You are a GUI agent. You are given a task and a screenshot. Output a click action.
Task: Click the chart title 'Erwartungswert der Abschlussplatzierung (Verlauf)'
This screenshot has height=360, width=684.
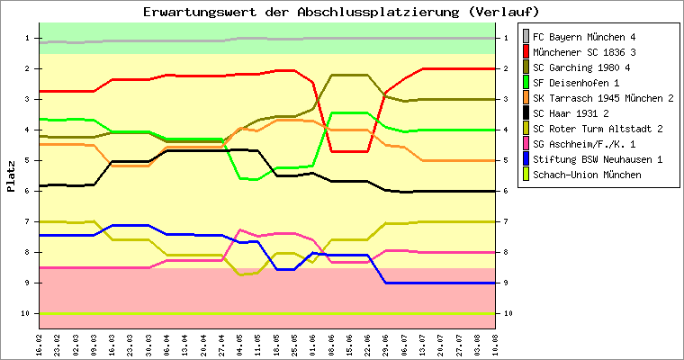(341, 12)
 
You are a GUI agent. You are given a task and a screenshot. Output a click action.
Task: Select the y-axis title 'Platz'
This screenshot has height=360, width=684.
(11, 175)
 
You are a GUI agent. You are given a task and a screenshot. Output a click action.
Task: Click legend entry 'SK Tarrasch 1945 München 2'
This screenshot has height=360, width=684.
(603, 98)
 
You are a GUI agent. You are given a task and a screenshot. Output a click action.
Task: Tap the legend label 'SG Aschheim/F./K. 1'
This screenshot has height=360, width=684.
(584, 144)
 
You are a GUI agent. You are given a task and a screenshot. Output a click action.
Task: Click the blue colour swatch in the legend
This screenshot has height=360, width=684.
(526, 159)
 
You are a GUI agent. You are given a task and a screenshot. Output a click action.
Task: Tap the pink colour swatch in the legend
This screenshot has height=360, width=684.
(526, 144)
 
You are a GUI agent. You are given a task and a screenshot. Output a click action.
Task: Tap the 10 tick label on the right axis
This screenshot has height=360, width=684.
(508, 313)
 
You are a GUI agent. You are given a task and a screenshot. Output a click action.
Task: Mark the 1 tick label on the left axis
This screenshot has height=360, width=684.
(29, 38)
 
